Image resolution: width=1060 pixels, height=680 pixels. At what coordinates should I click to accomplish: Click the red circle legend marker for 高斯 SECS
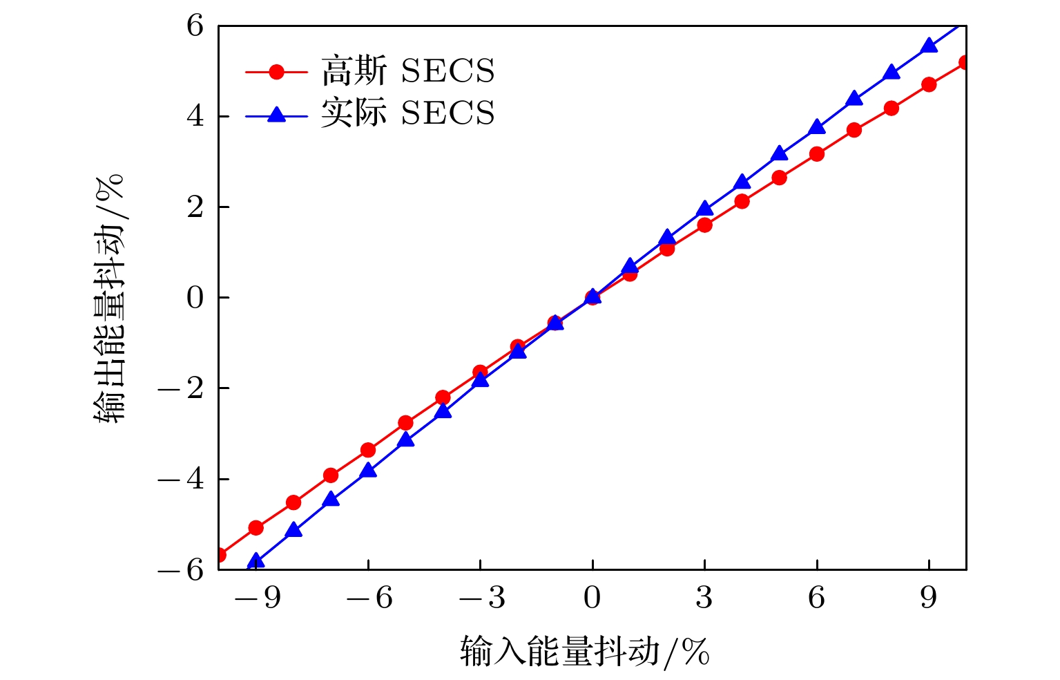tap(276, 71)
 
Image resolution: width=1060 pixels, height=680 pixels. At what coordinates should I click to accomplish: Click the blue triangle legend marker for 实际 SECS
tap(276, 114)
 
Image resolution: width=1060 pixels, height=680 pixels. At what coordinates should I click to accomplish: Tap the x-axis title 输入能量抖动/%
tap(584, 651)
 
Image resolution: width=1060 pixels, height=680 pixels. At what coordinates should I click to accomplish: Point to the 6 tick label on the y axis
tap(195, 26)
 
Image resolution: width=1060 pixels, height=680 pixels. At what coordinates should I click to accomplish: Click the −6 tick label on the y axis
tap(182, 570)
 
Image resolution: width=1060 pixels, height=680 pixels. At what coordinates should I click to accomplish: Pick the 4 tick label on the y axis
tap(195, 117)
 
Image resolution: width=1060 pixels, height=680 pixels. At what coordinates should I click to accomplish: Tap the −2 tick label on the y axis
tap(182, 389)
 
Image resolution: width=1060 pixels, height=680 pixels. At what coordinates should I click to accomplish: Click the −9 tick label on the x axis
tap(257, 598)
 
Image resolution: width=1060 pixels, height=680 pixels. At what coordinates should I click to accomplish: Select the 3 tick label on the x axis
tap(704, 598)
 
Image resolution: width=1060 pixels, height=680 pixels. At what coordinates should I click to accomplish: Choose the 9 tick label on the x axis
tap(929, 598)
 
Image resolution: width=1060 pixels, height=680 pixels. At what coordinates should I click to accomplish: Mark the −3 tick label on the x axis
tap(481, 598)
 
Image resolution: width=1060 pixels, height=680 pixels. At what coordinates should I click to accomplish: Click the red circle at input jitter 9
tap(929, 84)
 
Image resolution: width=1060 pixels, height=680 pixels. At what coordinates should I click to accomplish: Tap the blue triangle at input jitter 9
tap(929, 46)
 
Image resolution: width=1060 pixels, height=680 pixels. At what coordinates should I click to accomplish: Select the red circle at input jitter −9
tap(256, 528)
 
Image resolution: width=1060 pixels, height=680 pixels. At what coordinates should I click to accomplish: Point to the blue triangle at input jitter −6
tap(368, 470)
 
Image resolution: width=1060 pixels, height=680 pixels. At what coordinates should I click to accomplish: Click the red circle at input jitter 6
tap(817, 154)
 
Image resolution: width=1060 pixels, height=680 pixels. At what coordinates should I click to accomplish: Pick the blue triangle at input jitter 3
tap(704, 209)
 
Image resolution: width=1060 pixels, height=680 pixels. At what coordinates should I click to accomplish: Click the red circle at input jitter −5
tap(405, 423)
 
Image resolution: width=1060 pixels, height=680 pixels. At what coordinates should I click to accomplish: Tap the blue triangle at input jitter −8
tap(293, 530)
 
